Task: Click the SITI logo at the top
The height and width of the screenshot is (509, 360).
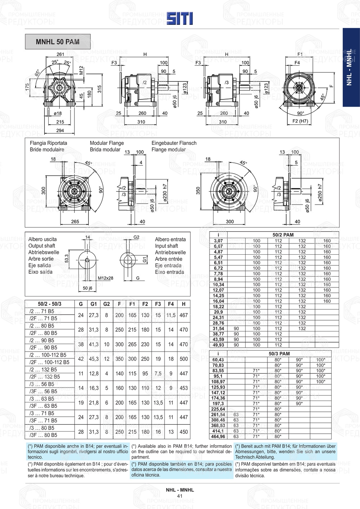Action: coord(180,18)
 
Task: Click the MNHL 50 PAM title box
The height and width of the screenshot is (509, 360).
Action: coord(58,42)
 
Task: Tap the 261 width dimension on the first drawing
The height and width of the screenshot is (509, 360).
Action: coord(60,54)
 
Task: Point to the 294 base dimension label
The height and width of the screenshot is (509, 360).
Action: coord(60,130)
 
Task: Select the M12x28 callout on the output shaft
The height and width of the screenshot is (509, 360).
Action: coord(105,278)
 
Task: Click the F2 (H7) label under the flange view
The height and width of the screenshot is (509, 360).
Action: coord(300,121)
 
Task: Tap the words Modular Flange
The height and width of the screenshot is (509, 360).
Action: coord(107,143)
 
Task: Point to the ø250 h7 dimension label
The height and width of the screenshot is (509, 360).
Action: coord(320,195)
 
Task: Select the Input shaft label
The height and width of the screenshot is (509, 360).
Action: coord(166,246)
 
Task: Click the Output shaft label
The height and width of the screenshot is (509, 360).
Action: coord(42,246)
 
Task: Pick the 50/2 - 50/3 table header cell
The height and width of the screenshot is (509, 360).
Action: coord(50,304)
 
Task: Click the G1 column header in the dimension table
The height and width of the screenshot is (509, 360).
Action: coord(94,304)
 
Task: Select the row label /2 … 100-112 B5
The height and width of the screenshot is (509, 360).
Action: coord(48,355)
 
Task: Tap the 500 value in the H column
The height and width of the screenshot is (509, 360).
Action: coord(184,359)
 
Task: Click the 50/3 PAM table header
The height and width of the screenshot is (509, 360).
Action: coord(279,354)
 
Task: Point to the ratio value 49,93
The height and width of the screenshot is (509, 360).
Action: coord(218,345)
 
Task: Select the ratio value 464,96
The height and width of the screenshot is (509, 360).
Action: coord(218,436)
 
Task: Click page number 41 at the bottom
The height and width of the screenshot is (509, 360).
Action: coord(180,496)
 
